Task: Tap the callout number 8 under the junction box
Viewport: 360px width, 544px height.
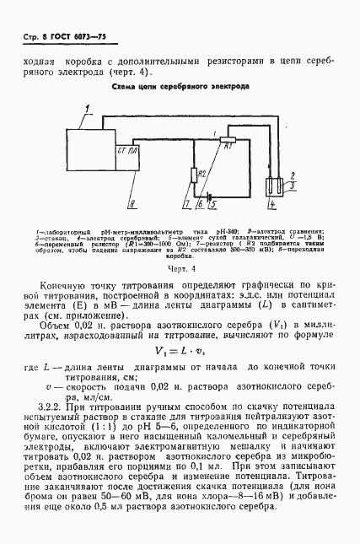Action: [130, 203]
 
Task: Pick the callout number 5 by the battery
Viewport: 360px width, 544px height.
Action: [212, 204]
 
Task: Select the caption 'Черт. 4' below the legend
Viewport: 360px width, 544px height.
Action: [180, 269]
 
